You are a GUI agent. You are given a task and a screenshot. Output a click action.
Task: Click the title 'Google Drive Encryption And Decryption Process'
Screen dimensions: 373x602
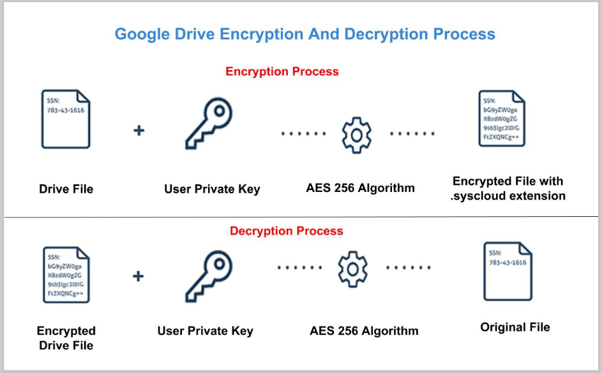305,34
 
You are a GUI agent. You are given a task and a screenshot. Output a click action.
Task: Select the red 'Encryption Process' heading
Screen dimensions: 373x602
282,71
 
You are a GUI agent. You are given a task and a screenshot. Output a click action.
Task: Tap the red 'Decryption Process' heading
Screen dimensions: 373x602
286,231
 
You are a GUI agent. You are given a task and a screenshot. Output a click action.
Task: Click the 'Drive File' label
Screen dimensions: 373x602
66,189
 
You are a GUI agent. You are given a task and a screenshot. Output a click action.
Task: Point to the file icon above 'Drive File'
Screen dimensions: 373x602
66,119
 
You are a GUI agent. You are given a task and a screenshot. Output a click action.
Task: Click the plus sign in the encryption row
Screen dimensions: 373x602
139,131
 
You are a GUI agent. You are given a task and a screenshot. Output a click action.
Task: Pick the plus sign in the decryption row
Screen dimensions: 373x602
138,276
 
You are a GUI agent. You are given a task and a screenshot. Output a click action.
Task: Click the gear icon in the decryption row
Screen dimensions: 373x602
352,268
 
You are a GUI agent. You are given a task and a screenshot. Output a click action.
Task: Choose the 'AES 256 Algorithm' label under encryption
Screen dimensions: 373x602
360,187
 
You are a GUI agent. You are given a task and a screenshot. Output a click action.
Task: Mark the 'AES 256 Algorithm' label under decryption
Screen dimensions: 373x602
364,331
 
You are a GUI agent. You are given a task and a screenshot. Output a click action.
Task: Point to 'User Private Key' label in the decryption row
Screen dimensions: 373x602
205,331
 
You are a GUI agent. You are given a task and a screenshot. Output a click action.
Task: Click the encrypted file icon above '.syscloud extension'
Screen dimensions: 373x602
502,119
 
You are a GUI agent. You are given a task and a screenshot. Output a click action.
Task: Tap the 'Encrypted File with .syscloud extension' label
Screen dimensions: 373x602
508,189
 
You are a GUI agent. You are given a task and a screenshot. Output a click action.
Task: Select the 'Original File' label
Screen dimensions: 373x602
515,328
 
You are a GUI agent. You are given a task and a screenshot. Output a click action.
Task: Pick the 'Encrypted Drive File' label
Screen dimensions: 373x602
66,338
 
